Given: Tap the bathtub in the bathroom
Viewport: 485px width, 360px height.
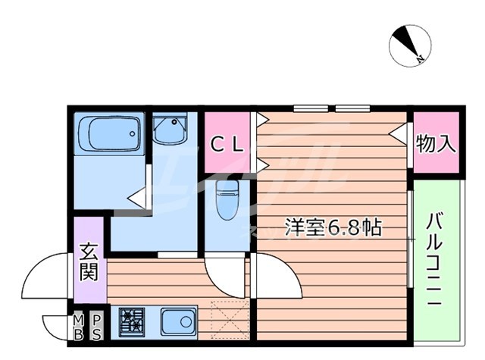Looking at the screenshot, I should coord(109,135).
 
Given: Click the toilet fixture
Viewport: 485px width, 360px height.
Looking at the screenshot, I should coord(226,199).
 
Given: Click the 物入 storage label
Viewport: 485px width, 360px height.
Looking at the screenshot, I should coord(436,144).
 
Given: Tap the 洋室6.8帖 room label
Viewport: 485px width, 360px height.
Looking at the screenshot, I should coord(333,225).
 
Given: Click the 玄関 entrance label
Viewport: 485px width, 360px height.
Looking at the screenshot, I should coord(90,261).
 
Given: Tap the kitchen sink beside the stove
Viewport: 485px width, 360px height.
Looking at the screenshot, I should coord(179,321).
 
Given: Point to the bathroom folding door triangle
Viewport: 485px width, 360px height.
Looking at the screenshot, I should coord(137,199).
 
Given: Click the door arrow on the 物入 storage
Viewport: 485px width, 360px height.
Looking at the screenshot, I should coord(396,133).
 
